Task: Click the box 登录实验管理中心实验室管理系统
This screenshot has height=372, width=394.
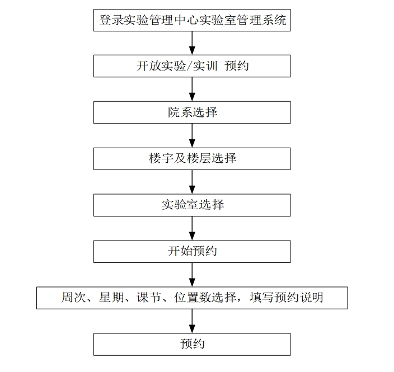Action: (x=192, y=20)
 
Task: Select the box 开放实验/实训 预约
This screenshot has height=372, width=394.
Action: (x=192, y=66)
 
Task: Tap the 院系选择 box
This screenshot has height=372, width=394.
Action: (x=192, y=112)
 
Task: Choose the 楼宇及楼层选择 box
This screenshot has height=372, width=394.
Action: (x=192, y=159)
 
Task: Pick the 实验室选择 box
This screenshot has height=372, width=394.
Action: (x=192, y=205)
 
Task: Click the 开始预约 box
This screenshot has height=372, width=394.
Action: (x=192, y=251)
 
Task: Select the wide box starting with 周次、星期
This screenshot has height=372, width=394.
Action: (x=192, y=298)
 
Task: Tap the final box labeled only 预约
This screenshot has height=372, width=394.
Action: (x=192, y=345)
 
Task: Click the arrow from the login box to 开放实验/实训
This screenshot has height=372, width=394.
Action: (x=192, y=43)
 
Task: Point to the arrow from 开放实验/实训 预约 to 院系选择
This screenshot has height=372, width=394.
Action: (x=192, y=89)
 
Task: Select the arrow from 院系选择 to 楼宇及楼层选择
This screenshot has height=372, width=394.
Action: (x=192, y=135)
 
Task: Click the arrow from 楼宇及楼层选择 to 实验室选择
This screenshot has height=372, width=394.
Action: (x=192, y=182)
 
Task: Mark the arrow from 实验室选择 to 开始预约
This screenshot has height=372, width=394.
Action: (x=192, y=228)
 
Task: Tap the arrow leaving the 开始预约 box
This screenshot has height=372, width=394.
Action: (x=192, y=275)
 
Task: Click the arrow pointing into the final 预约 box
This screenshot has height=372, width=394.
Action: (x=192, y=321)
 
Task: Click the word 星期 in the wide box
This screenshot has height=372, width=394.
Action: (x=111, y=298)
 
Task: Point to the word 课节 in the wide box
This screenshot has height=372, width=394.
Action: (x=149, y=298)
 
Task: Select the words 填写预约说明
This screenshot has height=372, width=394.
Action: (x=287, y=298)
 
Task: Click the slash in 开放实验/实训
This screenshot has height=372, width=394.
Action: (x=189, y=66)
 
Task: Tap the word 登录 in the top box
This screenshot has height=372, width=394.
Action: (x=111, y=20)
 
